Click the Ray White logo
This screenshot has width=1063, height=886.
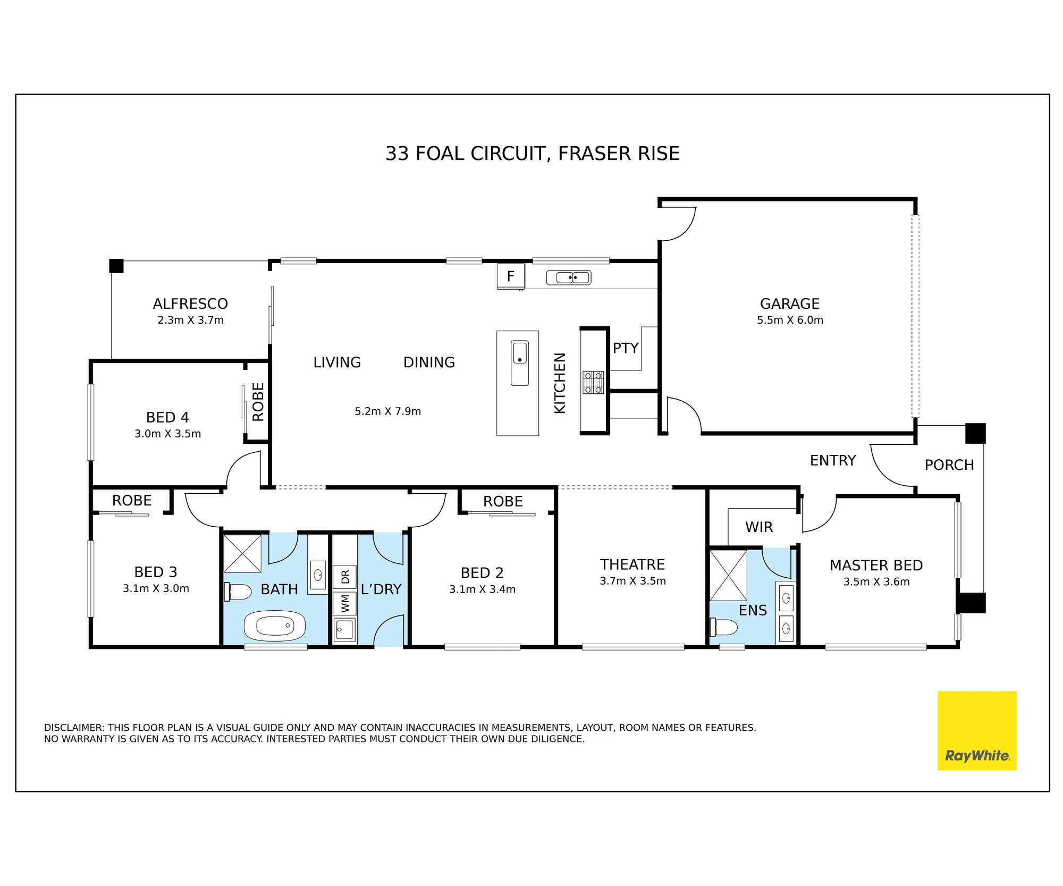pos(977,730)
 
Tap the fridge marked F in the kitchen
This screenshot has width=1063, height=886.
pos(511,276)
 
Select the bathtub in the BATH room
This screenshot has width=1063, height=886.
pos(275,626)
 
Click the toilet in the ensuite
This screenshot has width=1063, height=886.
pos(724,627)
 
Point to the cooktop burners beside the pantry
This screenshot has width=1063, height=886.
pos(593,382)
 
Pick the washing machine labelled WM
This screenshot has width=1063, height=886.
pos(344,604)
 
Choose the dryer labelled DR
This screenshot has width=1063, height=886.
pos(344,577)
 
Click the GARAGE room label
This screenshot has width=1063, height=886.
pos(790,303)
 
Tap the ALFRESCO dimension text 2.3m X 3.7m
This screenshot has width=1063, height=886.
pos(190,320)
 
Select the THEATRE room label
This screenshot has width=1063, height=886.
pos(632,564)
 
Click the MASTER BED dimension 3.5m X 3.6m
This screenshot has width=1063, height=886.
pos(876,581)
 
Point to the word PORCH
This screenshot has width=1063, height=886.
pos(949,465)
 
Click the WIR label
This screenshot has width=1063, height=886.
pos(759,527)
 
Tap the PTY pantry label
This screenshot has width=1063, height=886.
pos(626,348)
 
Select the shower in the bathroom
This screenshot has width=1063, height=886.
pos(242,553)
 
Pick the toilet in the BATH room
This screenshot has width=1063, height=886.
pos(238,592)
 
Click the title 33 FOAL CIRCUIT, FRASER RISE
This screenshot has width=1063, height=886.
pos(533,154)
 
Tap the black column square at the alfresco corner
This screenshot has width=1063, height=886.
pos(116,266)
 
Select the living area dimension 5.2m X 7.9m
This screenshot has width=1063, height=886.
pos(388,411)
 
